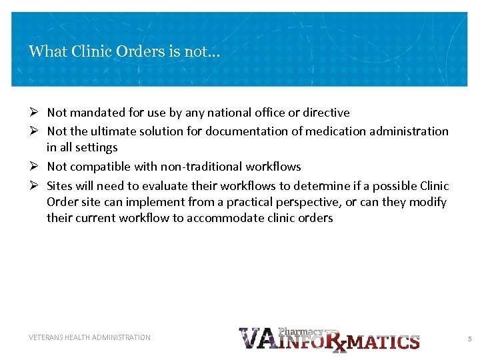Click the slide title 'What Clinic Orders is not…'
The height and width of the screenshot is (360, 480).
[x=124, y=51]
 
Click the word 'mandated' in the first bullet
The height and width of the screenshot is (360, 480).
[x=93, y=113]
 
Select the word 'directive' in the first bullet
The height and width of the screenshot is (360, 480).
[x=326, y=113]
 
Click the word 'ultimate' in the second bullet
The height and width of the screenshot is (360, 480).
[x=113, y=131]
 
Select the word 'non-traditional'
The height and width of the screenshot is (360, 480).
[x=204, y=167]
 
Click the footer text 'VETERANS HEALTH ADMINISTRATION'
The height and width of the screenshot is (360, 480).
[x=89, y=337]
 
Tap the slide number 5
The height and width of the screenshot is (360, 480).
[x=469, y=339]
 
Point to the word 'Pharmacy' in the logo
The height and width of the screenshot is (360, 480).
[x=301, y=331]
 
